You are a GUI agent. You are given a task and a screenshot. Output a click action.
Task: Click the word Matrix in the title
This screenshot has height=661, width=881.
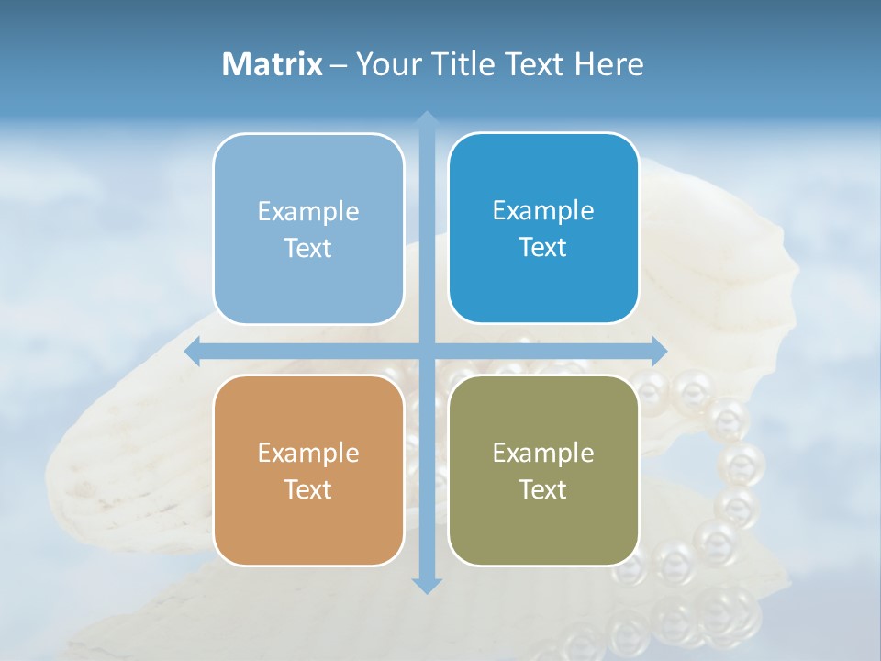pyautogui.click(x=273, y=64)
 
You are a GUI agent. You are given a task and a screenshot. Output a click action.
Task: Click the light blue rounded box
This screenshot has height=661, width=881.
pyautogui.click(x=308, y=285)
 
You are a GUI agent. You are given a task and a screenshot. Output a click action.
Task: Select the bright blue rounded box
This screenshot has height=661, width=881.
pyautogui.click(x=543, y=285)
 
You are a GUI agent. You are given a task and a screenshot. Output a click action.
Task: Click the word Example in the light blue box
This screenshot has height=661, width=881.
pyautogui.click(x=308, y=212)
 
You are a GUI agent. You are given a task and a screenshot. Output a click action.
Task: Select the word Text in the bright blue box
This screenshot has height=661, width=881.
pyautogui.click(x=543, y=248)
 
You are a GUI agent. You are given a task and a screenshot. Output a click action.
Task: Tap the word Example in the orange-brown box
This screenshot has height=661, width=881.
pyautogui.click(x=308, y=454)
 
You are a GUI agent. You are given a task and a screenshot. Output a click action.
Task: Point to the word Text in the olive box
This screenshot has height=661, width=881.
pyautogui.click(x=543, y=490)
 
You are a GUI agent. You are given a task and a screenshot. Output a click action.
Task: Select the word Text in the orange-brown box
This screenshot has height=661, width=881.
pyautogui.click(x=308, y=490)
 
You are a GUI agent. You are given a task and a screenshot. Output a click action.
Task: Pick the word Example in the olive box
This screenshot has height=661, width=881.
pyautogui.click(x=543, y=454)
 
